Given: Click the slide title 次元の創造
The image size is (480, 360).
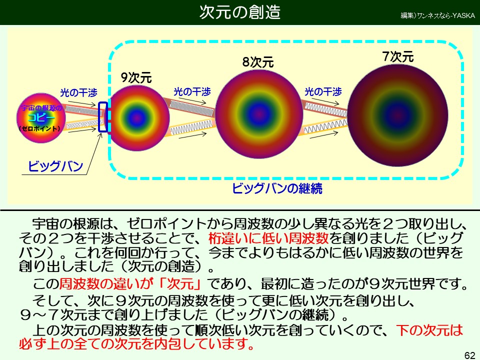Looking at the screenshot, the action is click(x=240, y=12).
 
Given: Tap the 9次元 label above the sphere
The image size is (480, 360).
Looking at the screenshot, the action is click(x=136, y=77).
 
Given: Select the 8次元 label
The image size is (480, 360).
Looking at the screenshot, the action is click(x=258, y=62).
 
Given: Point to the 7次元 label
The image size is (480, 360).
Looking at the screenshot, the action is click(x=398, y=56).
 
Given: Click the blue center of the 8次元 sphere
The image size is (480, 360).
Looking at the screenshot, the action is click(x=259, y=114).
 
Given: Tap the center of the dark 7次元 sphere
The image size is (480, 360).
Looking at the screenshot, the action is click(x=398, y=115).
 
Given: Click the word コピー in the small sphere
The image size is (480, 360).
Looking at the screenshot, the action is click(x=41, y=118).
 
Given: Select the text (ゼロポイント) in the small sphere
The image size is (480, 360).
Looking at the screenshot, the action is click(x=40, y=128).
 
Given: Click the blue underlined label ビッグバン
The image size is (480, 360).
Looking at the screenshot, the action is click(x=55, y=166).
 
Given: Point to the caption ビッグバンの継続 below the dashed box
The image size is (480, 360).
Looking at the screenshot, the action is click(x=277, y=188).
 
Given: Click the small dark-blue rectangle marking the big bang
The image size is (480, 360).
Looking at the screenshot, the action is click(x=103, y=117).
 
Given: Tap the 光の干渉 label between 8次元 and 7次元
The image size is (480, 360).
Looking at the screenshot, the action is click(x=323, y=91).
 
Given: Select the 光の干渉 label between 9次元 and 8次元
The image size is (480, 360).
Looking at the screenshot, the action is click(x=192, y=91).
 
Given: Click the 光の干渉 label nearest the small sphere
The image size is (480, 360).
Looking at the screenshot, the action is click(x=78, y=92).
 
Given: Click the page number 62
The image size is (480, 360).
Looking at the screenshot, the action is click(x=469, y=355).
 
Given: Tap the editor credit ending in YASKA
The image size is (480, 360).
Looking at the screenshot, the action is click(x=438, y=15).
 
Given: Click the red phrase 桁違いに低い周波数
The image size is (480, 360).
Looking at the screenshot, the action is click(x=268, y=238).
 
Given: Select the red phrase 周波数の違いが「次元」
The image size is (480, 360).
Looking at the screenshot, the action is click(x=130, y=284).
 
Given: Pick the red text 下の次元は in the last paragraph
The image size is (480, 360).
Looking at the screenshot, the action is click(x=429, y=330).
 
